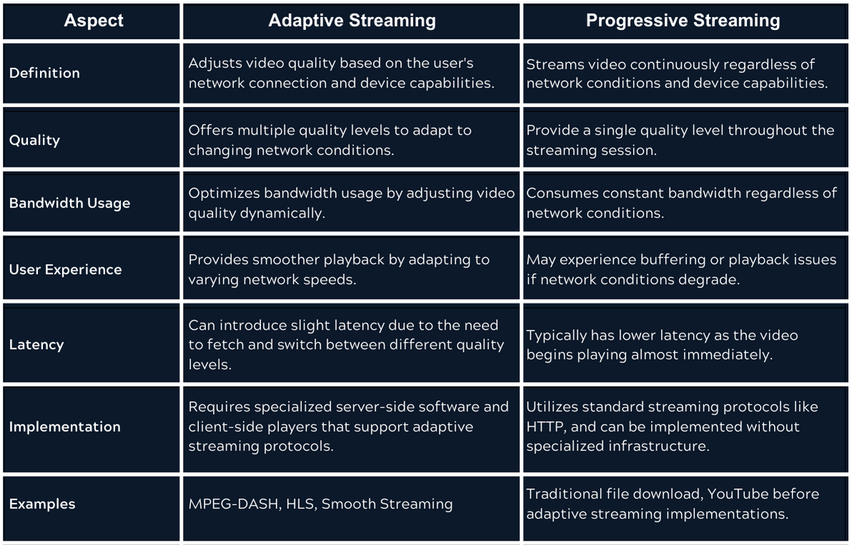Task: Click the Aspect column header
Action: coord(93,21)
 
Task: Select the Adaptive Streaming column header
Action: coord(352,21)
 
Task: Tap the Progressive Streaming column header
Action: coord(683,21)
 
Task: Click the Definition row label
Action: coord(44,73)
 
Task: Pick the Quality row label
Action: coord(34,140)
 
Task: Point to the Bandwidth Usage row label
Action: coord(69,203)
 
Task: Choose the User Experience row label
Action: coord(65,270)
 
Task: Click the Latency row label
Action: coord(36,345)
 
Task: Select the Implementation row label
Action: coord(64,427)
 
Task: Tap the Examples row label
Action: coord(42,504)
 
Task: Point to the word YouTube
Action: coord(723,494)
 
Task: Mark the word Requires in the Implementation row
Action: coord(217,407)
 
